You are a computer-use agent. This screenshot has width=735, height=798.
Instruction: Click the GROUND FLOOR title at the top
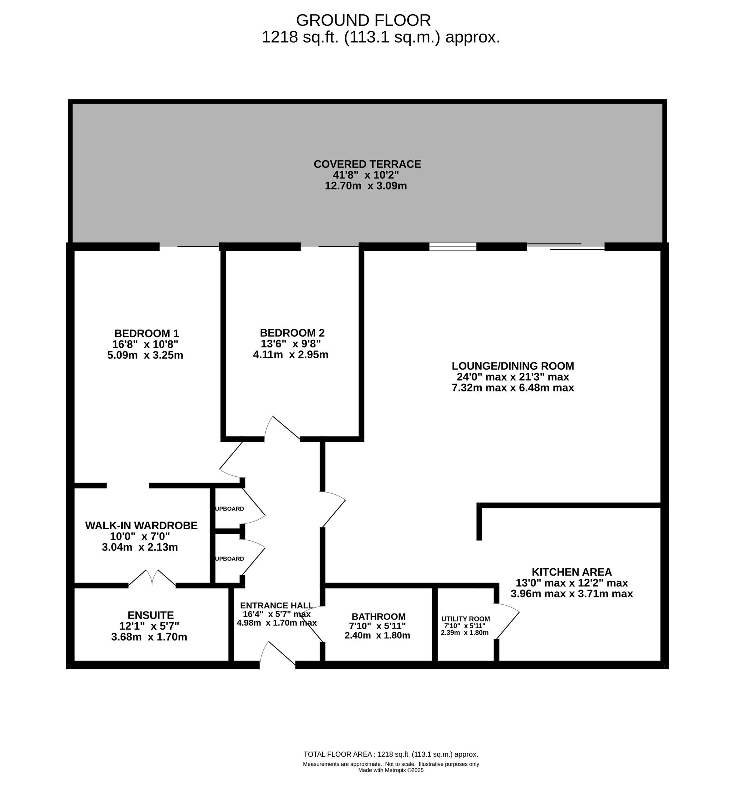363,20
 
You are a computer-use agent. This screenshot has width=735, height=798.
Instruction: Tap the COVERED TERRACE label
367,164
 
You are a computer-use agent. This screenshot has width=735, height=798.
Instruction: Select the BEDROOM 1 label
146,333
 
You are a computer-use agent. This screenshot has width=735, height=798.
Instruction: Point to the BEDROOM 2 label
292,333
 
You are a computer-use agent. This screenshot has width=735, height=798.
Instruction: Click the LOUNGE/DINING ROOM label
513,366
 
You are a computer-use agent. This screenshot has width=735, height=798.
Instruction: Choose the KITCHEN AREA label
571,572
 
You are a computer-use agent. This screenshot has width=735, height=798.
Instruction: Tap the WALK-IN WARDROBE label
141,525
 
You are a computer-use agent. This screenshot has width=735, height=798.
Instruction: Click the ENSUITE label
150,615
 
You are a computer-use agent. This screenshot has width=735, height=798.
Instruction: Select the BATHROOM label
378,616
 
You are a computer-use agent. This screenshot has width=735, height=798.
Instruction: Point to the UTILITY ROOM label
465,619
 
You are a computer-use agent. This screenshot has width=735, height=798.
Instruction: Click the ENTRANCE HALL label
276,605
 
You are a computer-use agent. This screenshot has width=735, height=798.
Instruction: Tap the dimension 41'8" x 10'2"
366,175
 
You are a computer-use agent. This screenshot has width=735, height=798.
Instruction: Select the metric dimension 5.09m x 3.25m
145,355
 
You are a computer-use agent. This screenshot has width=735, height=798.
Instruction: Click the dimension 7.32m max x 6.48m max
513,387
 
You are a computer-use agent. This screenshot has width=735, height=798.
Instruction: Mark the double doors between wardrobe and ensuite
152,577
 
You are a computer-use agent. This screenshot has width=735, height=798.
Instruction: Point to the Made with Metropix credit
391,770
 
